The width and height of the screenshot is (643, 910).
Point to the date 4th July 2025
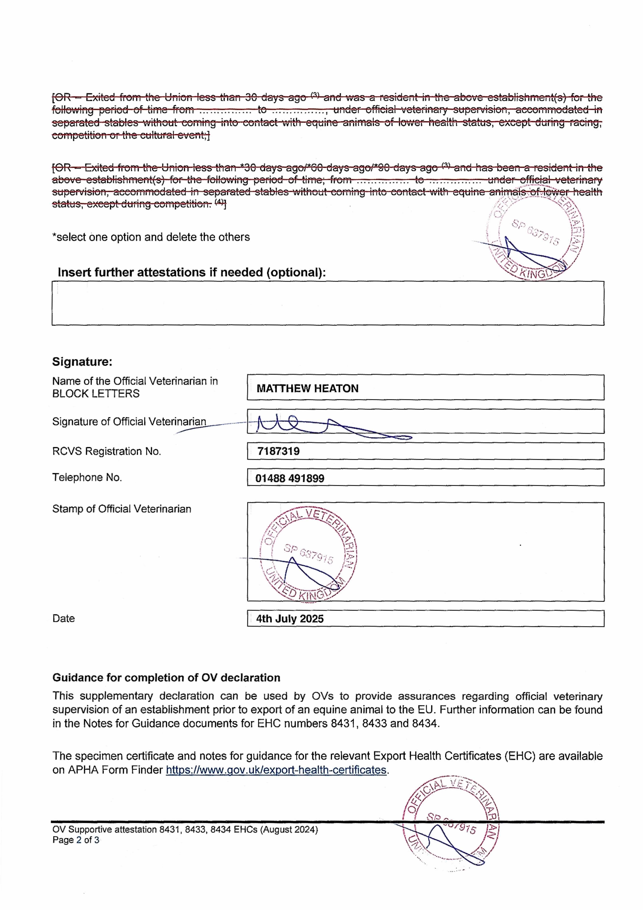click(290, 619)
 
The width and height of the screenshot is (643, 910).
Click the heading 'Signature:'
click(82, 362)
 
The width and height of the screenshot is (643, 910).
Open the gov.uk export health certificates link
click(276, 770)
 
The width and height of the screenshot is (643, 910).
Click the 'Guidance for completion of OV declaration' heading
click(166, 678)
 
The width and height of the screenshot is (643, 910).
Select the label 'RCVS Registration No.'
click(107, 451)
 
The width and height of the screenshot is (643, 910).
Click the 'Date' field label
click(64, 619)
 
